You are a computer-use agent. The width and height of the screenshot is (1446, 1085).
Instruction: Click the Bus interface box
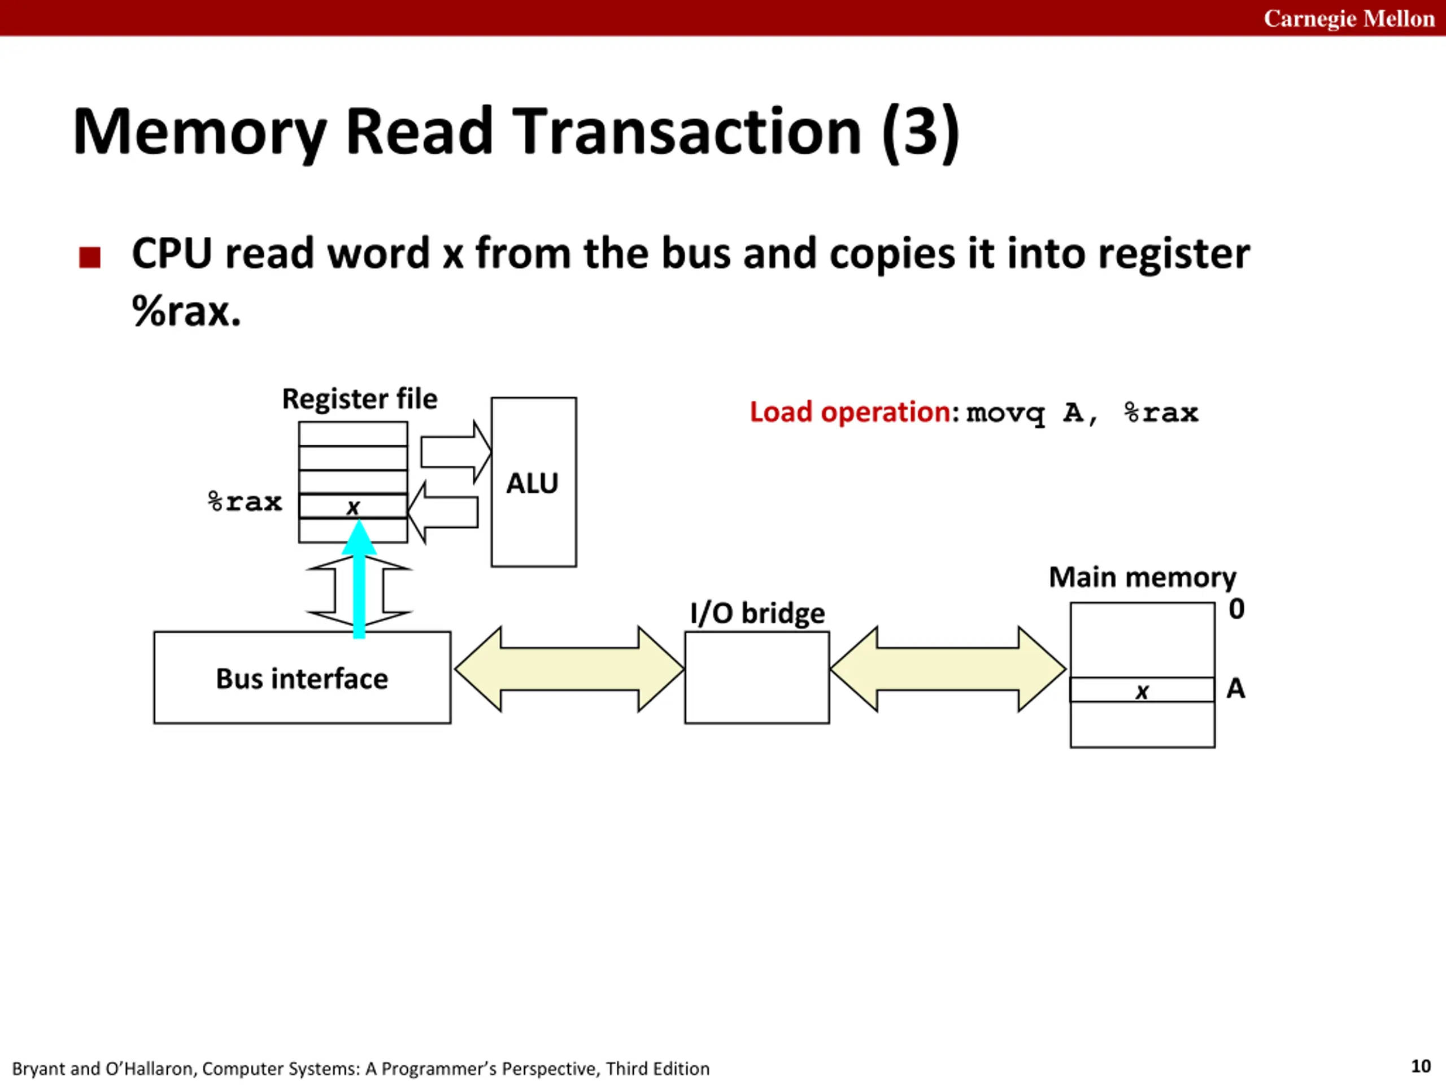(x=302, y=678)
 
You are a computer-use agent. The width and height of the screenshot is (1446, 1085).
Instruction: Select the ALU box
(x=533, y=482)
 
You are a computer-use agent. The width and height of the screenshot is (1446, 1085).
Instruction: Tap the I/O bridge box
(x=757, y=678)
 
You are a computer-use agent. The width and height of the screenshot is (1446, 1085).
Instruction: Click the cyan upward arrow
(x=359, y=579)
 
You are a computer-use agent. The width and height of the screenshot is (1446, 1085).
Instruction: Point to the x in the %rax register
(x=353, y=507)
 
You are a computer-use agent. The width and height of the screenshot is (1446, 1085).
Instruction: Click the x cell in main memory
(x=1142, y=690)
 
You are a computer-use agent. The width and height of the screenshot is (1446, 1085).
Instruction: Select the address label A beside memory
(x=1235, y=688)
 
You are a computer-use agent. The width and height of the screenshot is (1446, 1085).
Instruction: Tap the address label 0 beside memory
(x=1236, y=609)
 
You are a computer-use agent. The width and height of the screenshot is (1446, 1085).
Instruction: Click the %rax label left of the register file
(x=245, y=502)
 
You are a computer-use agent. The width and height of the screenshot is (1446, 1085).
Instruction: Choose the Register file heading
(x=360, y=399)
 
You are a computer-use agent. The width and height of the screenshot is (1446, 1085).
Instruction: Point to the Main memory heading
(x=1143, y=578)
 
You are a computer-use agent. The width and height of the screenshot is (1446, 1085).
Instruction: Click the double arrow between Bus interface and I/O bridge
(x=569, y=669)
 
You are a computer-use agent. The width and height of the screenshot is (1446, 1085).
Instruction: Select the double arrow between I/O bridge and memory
(x=948, y=669)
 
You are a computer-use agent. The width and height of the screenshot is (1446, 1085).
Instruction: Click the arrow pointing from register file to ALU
(x=456, y=452)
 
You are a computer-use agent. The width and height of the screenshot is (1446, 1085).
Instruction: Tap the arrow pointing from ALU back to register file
(x=443, y=512)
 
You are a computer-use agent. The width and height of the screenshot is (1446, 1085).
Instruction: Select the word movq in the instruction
(x=1005, y=413)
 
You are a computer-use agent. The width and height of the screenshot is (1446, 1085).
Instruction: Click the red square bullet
(x=90, y=257)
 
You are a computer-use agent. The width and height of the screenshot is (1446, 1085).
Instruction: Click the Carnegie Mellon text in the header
(x=1349, y=18)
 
